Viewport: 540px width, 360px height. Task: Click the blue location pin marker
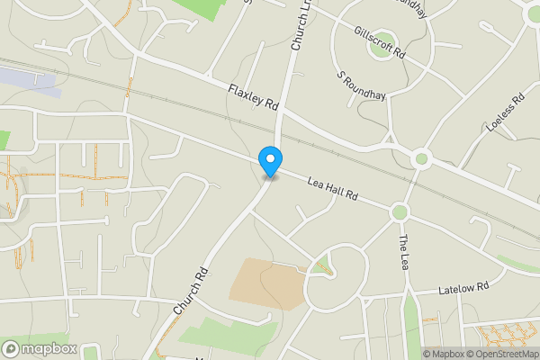pos(269,161)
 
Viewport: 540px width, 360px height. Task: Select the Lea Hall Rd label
pos(333,188)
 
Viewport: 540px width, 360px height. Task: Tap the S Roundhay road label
pos(355,87)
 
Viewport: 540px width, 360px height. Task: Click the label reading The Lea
pos(403,252)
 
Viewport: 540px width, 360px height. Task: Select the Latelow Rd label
pos(463,289)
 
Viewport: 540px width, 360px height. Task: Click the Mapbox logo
pos(40,349)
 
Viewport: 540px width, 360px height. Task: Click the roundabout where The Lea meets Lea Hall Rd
pos(400,212)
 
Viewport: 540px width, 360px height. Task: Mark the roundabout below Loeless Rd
pos(420,159)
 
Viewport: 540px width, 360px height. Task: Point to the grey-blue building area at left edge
pos(27,80)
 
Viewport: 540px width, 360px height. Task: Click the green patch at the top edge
pos(202,8)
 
